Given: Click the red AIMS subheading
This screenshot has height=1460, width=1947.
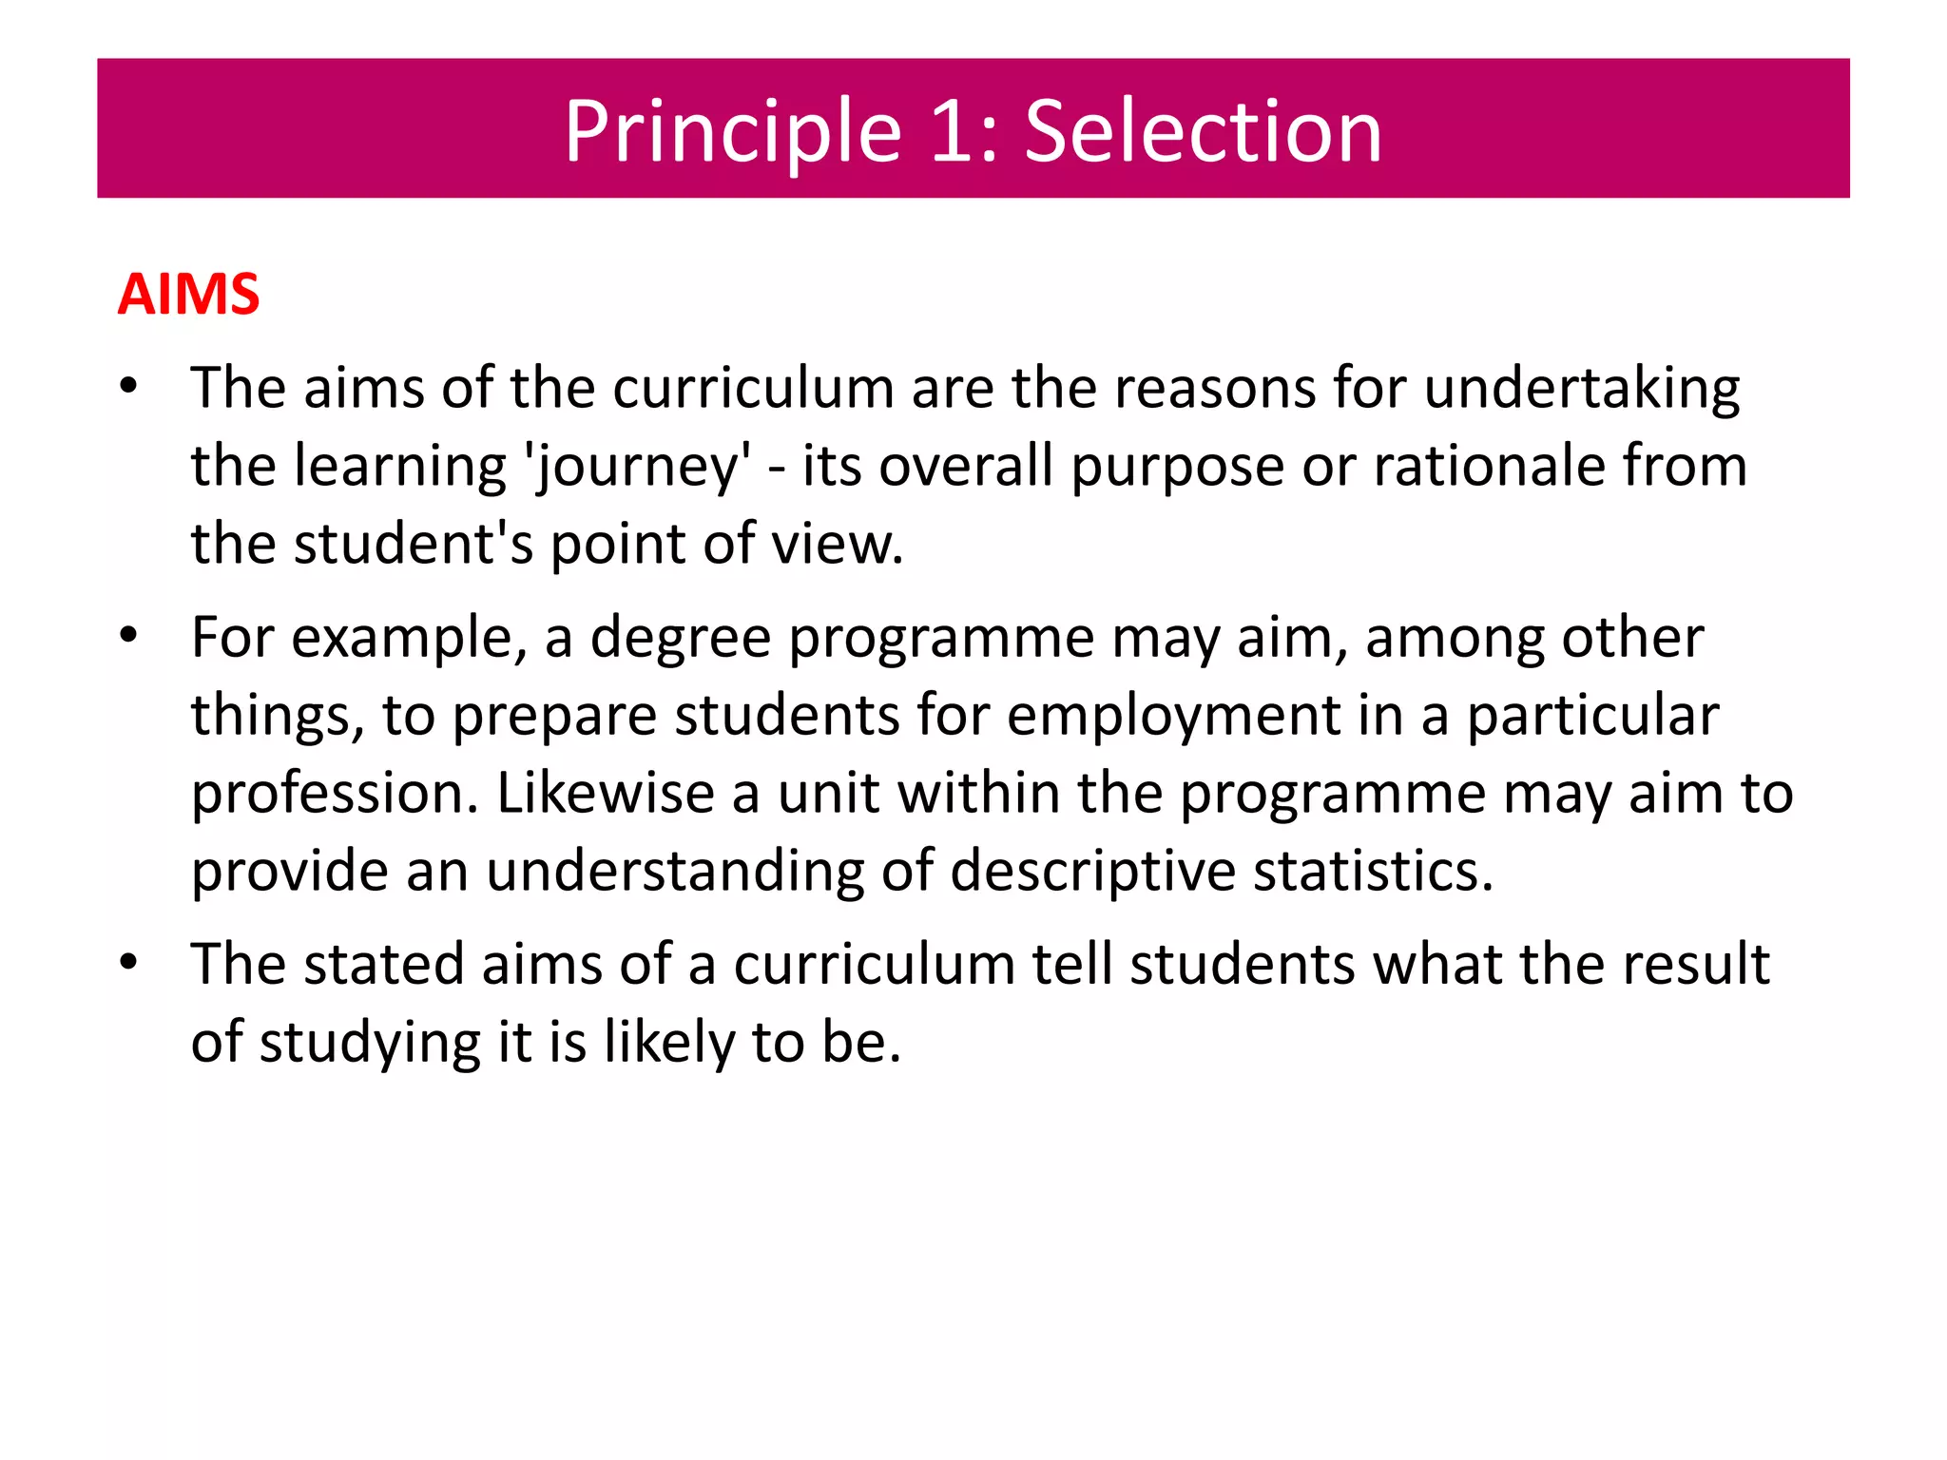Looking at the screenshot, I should pos(188,294).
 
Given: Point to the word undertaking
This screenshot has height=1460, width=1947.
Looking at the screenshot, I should pos(1582,389).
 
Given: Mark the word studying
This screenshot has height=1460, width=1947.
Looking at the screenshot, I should pos(370,1043).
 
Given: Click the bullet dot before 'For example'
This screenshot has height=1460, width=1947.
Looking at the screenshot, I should pos(129,636).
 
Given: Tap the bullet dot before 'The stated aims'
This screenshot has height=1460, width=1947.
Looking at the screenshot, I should pos(129,963).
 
